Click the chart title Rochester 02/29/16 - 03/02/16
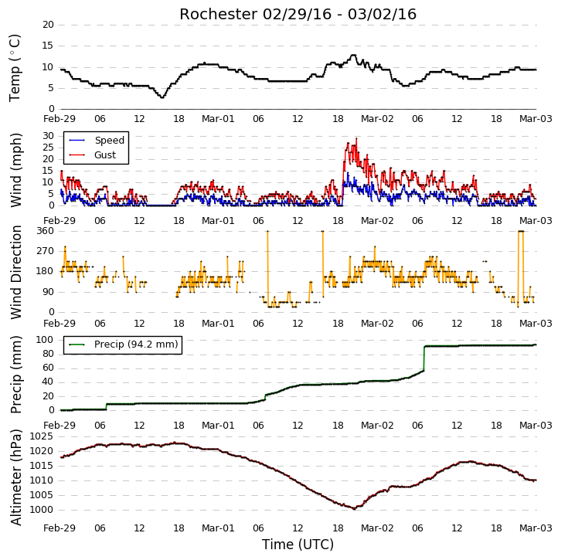pyautogui.click(x=297, y=15)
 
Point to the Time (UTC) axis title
pyautogui.click(x=297, y=545)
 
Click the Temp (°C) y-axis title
pyautogui.click(x=15, y=68)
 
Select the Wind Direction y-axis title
pyautogui.click(x=15, y=272)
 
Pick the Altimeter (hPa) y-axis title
pyautogui.click(x=15, y=477)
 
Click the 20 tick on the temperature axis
pyautogui.click(x=48, y=25)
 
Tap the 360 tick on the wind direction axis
pyautogui.click(x=45, y=231)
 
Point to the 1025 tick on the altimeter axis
pyautogui.click(x=41, y=436)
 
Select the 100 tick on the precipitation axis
pyautogui.click(x=45, y=339)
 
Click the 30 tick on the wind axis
pyautogui.click(x=48, y=136)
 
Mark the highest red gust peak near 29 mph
pyautogui.click(x=356, y=138)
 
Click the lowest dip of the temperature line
pyautogui.click(x=162, y=97)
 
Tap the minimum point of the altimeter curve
pyautogui.click(x=354, y=508)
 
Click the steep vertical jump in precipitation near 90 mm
pyautogui.click(x=424, y=358)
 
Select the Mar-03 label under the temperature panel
pyautogui.click(x=535, y=119)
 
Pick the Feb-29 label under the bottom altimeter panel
pyautogui.click(x=59, y=528)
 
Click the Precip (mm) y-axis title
pyautogui.click(x=15, y=375)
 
